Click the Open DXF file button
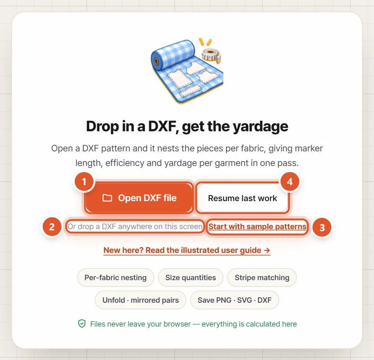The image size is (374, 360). point(139,198)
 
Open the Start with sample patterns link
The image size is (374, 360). point(257,227)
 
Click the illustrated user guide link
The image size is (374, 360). point(187,250)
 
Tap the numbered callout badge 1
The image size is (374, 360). point(84,182)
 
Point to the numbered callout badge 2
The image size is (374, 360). point(52,227)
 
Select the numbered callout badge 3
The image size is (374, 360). point(322,227)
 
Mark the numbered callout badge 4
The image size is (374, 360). point(290,181)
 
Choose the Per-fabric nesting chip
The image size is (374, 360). point(115,278)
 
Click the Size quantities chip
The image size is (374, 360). point(191,278)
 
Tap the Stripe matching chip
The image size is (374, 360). point(262,278)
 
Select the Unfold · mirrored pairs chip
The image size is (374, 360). point(141,300)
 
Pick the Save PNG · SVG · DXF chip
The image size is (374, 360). point(234,300)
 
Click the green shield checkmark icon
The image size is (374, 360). point(82,324)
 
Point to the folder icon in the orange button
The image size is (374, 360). point(107,198)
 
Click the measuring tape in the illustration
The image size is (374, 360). point(211,55)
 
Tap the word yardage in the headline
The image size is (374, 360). point(261,126)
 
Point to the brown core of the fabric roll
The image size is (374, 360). point(156,61)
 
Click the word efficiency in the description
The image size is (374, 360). point(125,163)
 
